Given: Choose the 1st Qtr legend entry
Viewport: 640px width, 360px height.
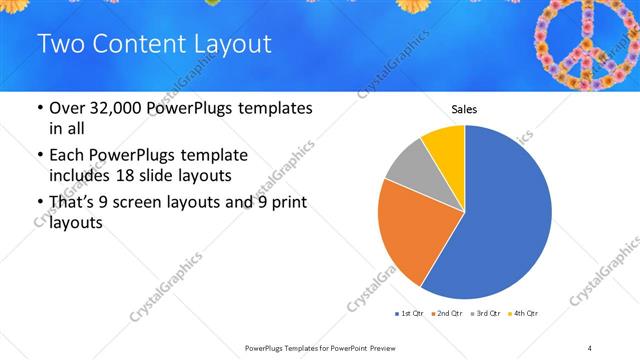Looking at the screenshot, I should [x=410, y=314].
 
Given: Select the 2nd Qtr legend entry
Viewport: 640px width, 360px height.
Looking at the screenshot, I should [x=447, y=314].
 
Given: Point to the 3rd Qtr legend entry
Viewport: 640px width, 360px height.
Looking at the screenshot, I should [x=486, y=314].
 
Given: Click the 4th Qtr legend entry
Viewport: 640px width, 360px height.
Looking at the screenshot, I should [x=524, y=314].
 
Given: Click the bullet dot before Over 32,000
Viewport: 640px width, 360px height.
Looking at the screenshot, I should [x=38, y=109].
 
